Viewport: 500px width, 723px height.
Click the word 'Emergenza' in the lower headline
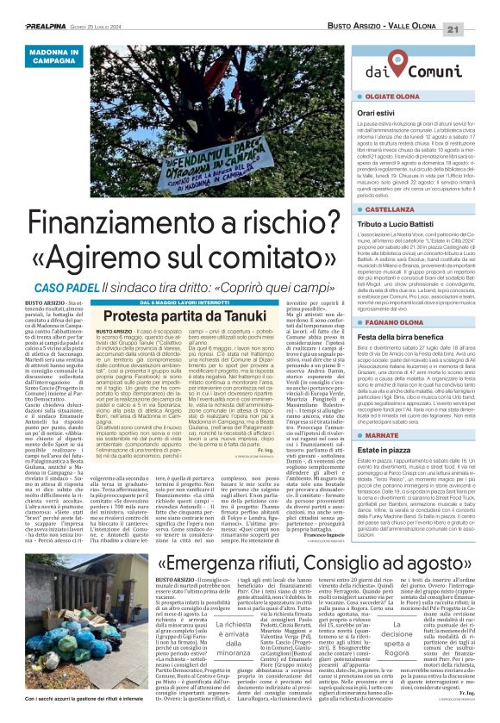[x=237, y=539]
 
